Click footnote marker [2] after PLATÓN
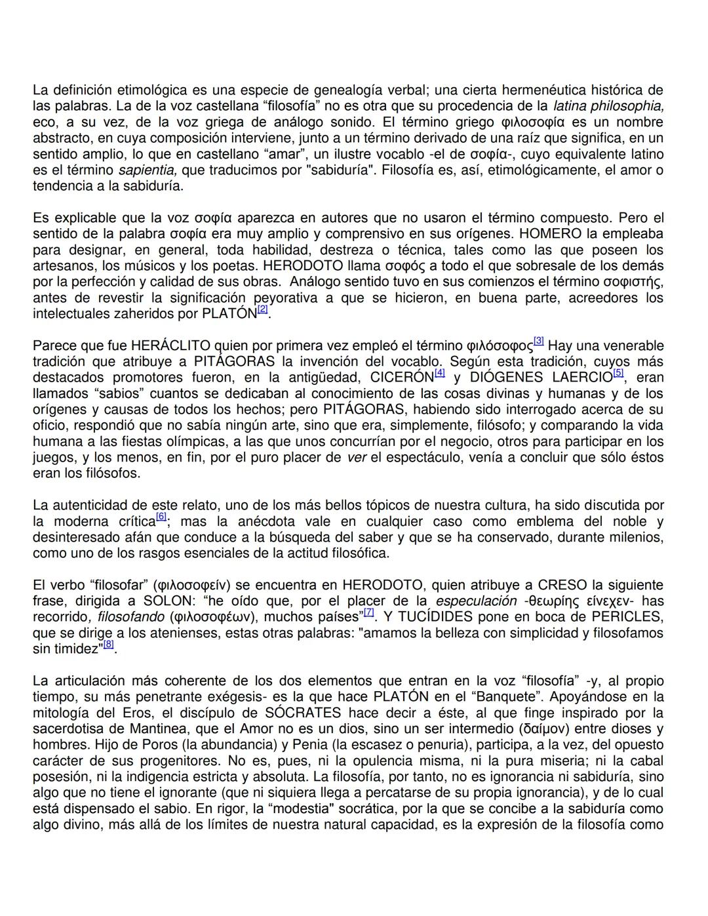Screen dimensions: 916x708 [262, 309]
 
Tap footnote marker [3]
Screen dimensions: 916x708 [539, 341]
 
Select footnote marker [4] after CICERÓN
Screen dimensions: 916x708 [440, 373]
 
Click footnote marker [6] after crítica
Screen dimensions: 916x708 [161, 517]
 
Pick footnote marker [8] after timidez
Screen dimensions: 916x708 [109, 645]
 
